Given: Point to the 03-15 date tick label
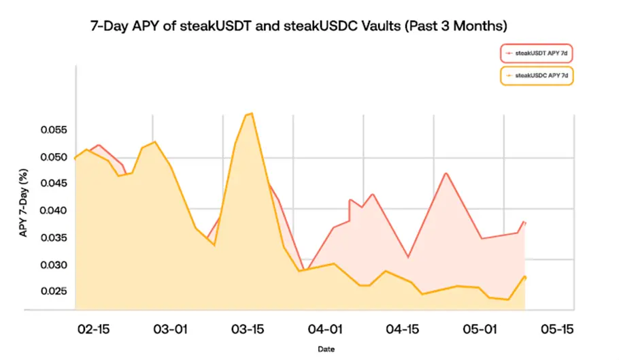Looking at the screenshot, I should pyautogui.click(x=249, y=329).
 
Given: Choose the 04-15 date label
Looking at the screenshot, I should pyautogui.click(x=403, y=329).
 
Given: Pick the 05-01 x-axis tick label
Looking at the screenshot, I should pyautogui.click(x=481, y=329).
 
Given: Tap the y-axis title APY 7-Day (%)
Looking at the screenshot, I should pyautogui.click(x=23, y=203).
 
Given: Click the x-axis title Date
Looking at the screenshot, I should pyautogui.click(x=324, y=349).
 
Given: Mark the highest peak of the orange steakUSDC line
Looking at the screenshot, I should pyautogui.click(x=252, y=114).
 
